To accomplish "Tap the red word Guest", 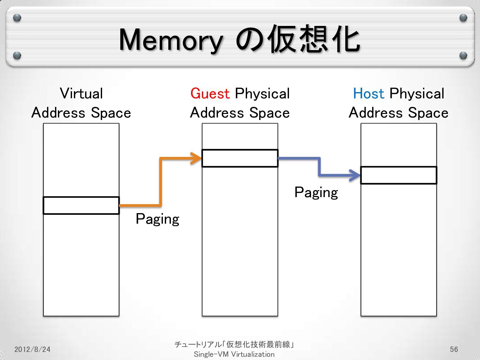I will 210,93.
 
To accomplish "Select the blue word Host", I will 368,93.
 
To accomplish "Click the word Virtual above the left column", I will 81,93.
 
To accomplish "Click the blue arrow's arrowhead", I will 356,175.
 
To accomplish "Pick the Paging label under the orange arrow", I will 157,219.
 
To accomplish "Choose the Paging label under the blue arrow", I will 316,193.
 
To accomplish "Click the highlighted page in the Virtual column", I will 81,205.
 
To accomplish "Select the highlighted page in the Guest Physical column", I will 240,158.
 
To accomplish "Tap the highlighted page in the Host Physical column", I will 399,175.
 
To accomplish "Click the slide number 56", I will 454,349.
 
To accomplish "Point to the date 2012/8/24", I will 32,349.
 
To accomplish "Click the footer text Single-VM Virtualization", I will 234,354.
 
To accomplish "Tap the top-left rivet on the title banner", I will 17,18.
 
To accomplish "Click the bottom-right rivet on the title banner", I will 463,56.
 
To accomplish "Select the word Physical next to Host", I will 417,93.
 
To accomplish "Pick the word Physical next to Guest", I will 262,93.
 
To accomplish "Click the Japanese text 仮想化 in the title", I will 314,40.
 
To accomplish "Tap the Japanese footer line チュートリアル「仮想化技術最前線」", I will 234,344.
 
